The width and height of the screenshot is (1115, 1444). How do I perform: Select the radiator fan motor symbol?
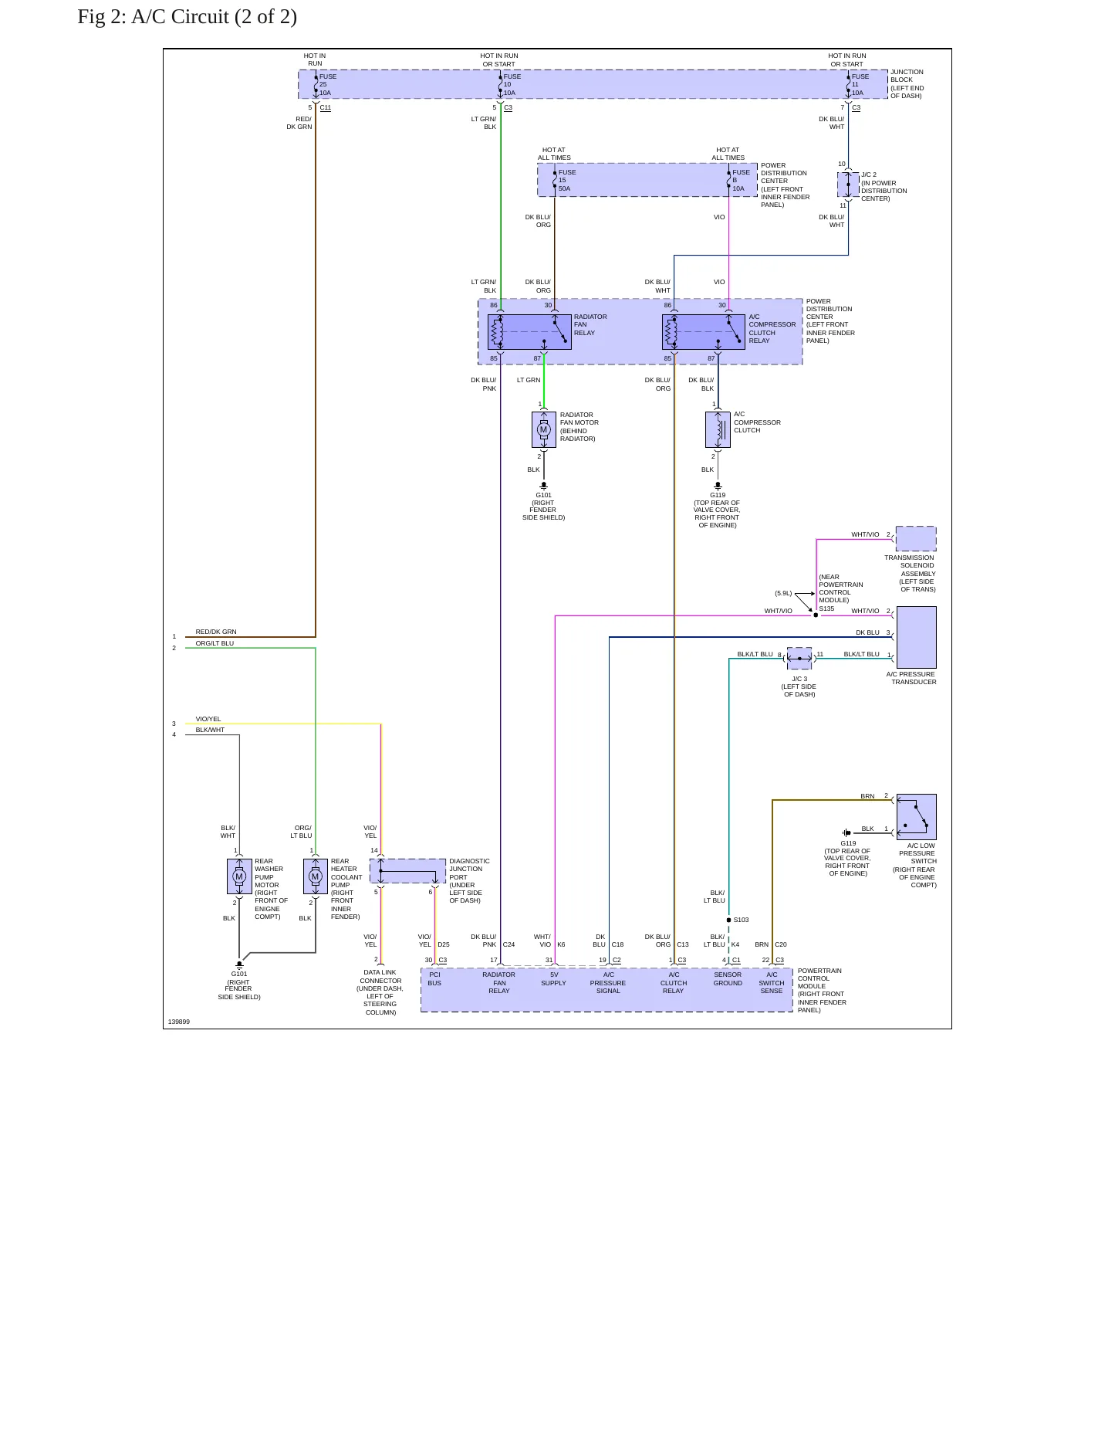[x=544, y=429]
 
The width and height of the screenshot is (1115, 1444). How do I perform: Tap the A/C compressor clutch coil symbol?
[x=718, y=429]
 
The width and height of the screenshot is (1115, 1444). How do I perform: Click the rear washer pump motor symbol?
[x=239, y=876]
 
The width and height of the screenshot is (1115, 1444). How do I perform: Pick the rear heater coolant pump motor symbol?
[x=315, y=876]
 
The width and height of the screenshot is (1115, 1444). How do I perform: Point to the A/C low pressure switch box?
[x=917, y=816]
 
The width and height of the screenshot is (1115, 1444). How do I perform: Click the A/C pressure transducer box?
[x=917, y=637]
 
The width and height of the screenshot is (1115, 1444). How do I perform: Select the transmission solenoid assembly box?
[x=916, y=539]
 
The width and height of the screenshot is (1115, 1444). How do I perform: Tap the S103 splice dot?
[x=728, y=920]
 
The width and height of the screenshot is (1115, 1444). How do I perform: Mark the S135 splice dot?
[x=816, y=615]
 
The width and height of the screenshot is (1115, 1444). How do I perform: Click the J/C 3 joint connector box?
[x=799, y=659]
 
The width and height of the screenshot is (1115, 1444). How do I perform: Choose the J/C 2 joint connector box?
[x=848, y=185]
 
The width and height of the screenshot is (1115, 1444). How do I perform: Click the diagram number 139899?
[x=179, y=1022]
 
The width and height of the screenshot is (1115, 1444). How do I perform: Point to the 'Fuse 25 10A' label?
[x=327, y=85]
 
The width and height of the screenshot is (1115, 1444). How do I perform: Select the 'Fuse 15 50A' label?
[x=566, y=181]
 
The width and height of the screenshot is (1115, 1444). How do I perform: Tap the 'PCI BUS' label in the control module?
[x=434, y=979]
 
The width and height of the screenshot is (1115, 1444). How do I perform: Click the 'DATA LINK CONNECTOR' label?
[x=380, y=977]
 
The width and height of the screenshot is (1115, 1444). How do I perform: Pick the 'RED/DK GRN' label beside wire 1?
[x=216, y=632]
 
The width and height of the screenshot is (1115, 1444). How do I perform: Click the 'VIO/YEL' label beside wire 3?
[x=208, y=719]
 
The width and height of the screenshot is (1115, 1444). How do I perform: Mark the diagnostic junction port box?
[x=408, y=871]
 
